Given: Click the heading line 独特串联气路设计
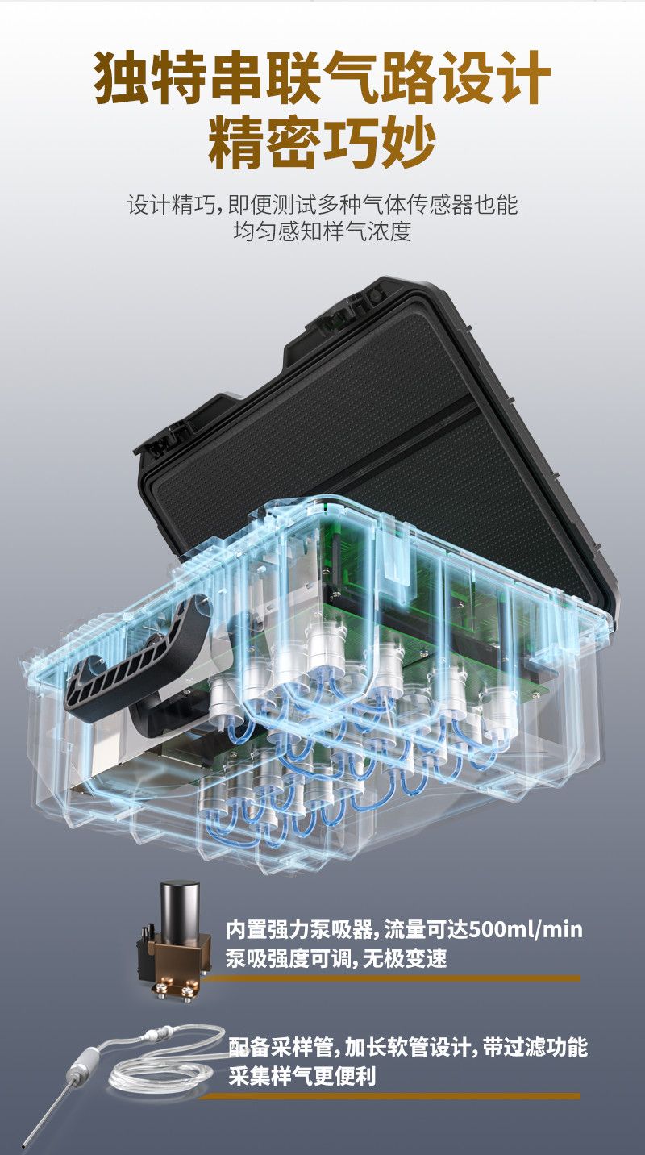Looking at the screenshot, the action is click(x=322, y=77).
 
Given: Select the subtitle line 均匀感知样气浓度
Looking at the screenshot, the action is click(x=322, y=231).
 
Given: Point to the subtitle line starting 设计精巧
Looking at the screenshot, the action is click(x=322, y=205).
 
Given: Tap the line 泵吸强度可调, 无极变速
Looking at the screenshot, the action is click(x=336, y=958).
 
